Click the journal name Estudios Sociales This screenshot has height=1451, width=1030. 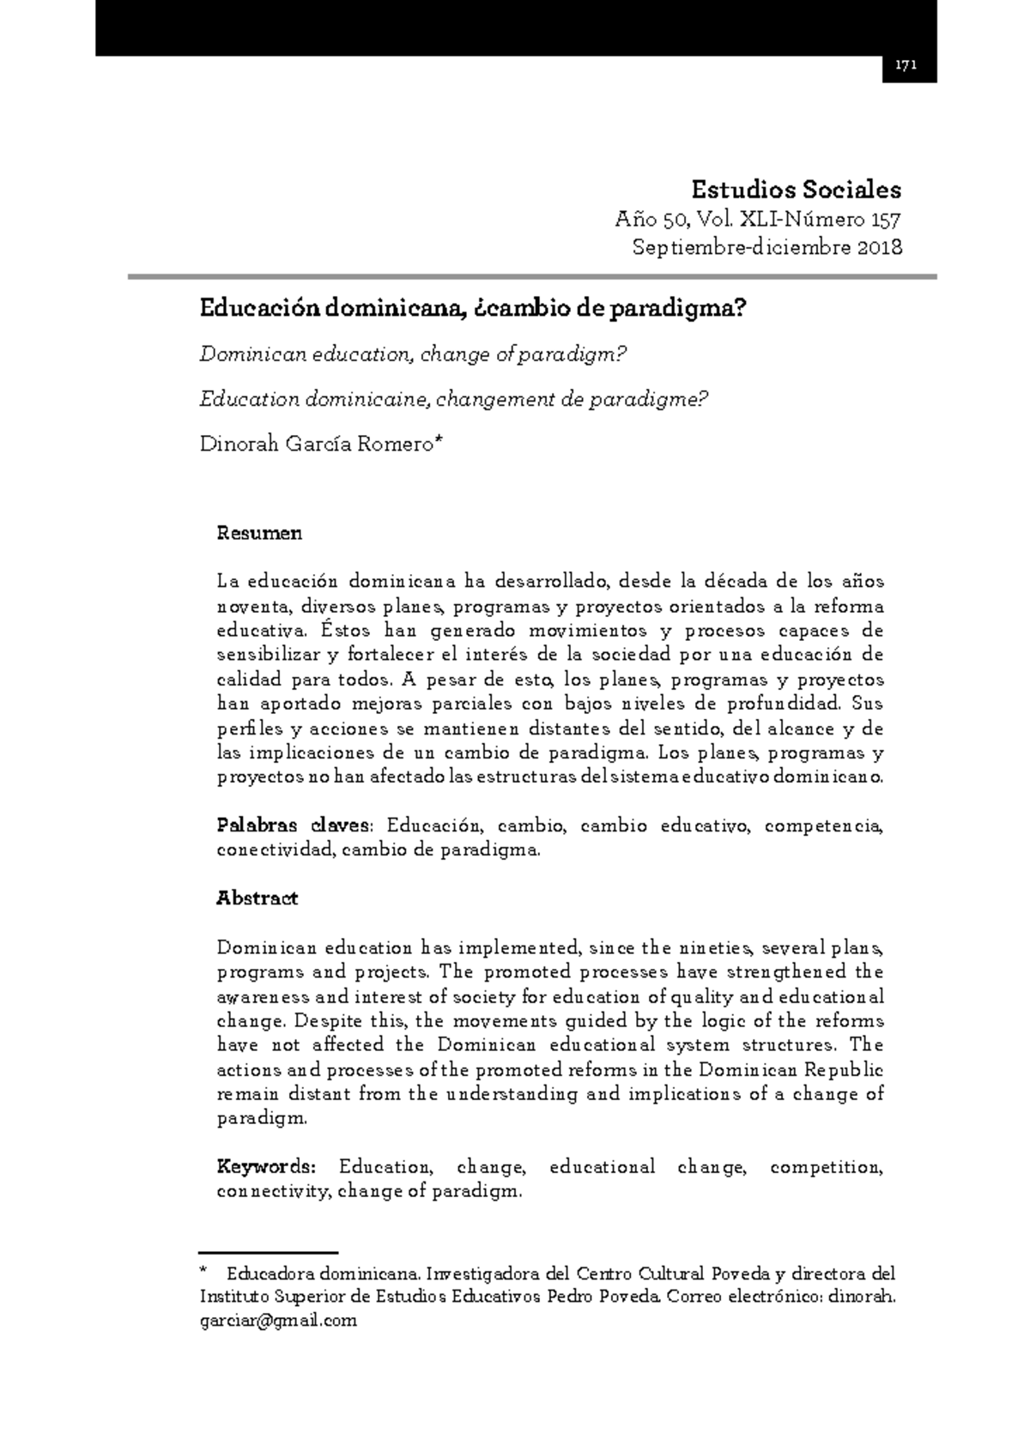(796, 189)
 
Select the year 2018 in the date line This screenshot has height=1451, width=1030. (879, 248)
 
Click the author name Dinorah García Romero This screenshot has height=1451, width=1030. (318, 444)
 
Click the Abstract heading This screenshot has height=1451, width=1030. (257, 898)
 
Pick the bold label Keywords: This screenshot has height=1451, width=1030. (266, 1168)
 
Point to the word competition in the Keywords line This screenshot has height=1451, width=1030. (827, 1168)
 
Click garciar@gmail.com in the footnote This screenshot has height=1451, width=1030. (277, 1321)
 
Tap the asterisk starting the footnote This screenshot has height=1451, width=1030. (203, 1273)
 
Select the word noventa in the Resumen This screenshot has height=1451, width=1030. (254, 607)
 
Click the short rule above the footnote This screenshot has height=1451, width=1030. (268, 1253)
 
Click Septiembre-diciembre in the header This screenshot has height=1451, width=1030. (741, 248)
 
